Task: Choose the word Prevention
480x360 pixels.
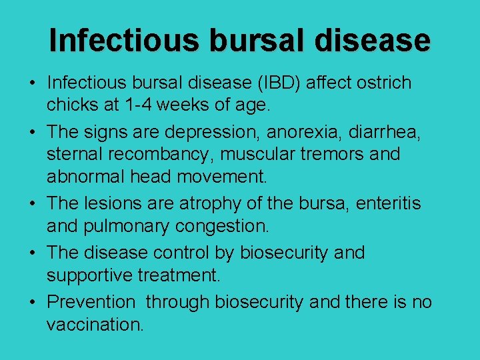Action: pos(91,302)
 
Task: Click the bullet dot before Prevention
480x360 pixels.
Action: pos(32,303)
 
